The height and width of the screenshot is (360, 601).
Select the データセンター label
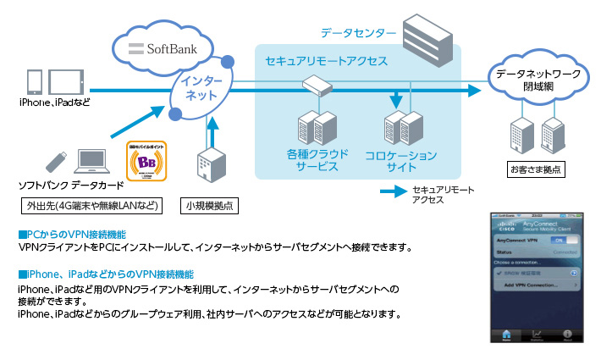click(x=357, y=33)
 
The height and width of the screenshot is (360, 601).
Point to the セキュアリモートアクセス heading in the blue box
click(x=326, y=62)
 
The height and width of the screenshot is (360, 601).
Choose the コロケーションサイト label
click(x=400, y=161)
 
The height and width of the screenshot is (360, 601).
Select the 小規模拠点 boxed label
click(x=210, y=205)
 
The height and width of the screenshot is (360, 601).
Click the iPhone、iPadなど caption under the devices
click(x=54, y=102)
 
